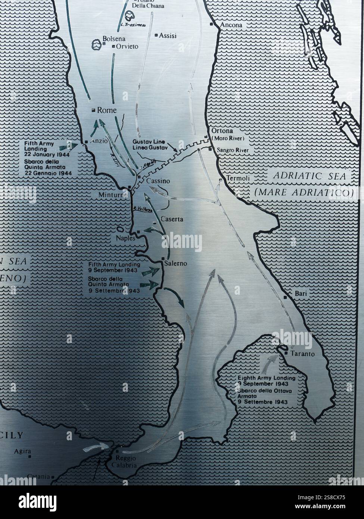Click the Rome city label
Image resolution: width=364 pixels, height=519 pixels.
click(107, 110)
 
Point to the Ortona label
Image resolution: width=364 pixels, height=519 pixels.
click(222, 131)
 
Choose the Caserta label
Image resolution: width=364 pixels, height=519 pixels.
click(172, 219)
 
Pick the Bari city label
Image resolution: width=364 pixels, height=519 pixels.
click(301, 294)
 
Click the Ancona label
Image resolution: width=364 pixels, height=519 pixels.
click(231, 25)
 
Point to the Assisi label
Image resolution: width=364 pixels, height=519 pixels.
click(168, 36)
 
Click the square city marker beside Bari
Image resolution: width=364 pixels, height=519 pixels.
click(286, 297)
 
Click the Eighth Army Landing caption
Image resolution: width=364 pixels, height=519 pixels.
click(267, 378)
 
